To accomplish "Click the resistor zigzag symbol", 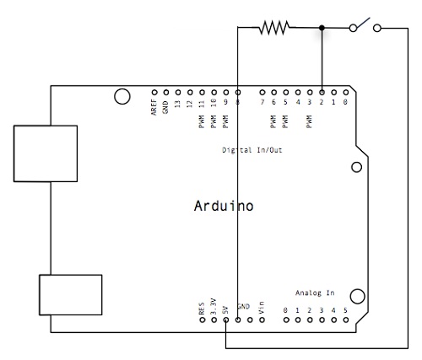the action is coord(274,28).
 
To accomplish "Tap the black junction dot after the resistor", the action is coord(322,28).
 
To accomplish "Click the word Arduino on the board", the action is coord(224,206).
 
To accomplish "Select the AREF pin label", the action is coord(154,107).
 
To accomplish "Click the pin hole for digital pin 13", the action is coord(178,92).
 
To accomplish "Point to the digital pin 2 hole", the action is coord(322,92).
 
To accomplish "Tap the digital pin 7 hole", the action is coord(262,92).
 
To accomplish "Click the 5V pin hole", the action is coord(226,320).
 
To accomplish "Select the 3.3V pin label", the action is coord(214,306).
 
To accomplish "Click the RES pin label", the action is coord(202,309).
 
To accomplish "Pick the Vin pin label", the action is coord(262,308).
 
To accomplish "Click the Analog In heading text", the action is coord(315,293).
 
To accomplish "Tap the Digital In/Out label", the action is coord(252,150).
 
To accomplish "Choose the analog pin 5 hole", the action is coord(346,320).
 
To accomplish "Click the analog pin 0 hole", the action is coord(286,320).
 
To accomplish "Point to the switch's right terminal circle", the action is coord(377,28).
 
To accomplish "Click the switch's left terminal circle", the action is coord(353,28).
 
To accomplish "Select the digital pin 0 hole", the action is coord(346,92).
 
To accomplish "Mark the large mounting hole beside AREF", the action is coord(122,96).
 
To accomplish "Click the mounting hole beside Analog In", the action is coord(358,296).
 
